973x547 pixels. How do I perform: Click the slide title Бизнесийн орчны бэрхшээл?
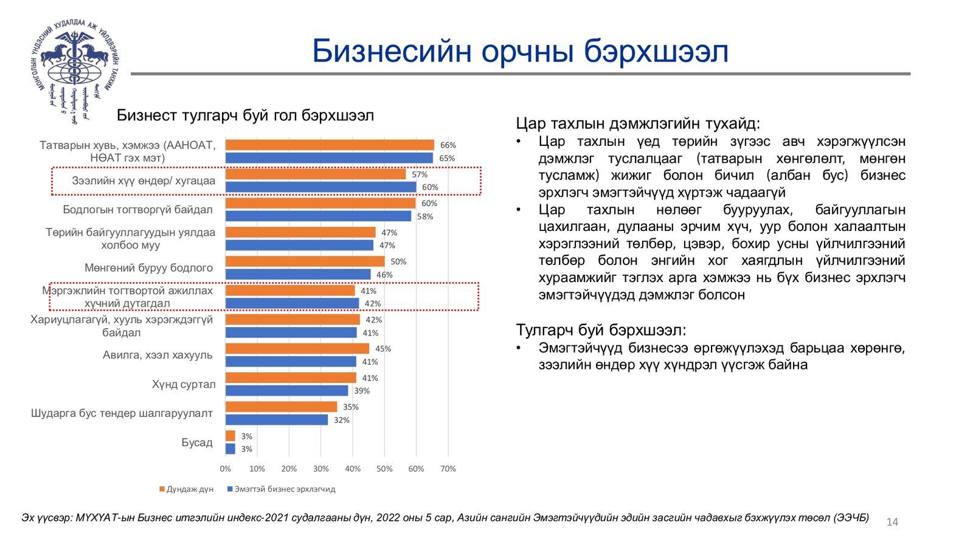click(520, 51)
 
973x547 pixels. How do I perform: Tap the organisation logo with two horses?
click(74, 68)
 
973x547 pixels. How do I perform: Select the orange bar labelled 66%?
click(330, 145)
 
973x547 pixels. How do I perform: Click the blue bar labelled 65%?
click(329, 158)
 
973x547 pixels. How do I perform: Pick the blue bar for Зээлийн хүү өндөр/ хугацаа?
click(320, 187)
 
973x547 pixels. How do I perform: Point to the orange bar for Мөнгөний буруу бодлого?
click(305, 261)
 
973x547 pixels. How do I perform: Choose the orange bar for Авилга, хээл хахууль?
click(297, 348)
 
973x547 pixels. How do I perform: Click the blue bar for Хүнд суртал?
click(286, 391)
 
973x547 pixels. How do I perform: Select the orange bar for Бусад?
click(230, 436)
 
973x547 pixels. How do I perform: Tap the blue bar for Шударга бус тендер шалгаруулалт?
click(276, 420)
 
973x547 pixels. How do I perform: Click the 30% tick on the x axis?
click(320, 469)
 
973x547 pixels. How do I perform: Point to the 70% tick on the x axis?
click(448, 469)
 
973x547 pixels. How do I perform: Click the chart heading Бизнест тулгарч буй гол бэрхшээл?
click(245, 115)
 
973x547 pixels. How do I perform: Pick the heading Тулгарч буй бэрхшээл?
click(601, 330)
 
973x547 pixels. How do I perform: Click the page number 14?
click(892, 522)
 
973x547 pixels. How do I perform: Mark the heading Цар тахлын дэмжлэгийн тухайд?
click(638, 123)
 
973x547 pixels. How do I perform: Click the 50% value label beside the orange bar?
click(398, 261)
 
